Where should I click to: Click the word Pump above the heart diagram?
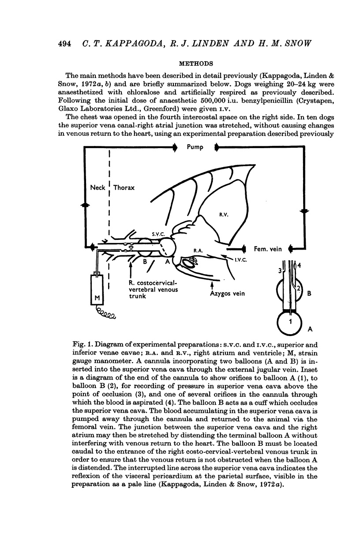coord(195,159)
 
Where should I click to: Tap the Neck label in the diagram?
coord(97,187)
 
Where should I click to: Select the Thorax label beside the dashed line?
coord(124,187)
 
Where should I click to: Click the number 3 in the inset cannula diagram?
coord(279,270)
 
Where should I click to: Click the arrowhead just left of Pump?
coord(176,159)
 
